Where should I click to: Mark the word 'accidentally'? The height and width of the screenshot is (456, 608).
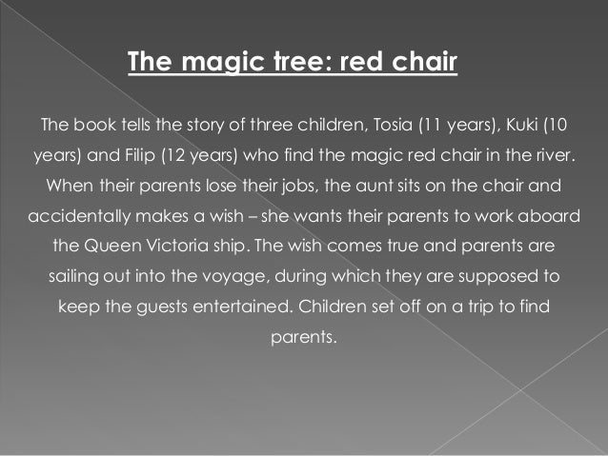click(x=75, y=215)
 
